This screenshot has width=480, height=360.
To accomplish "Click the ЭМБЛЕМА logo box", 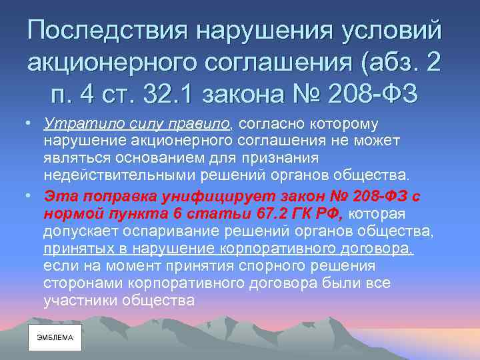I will point(55,338).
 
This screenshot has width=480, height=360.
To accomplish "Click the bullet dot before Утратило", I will point(23,123).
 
